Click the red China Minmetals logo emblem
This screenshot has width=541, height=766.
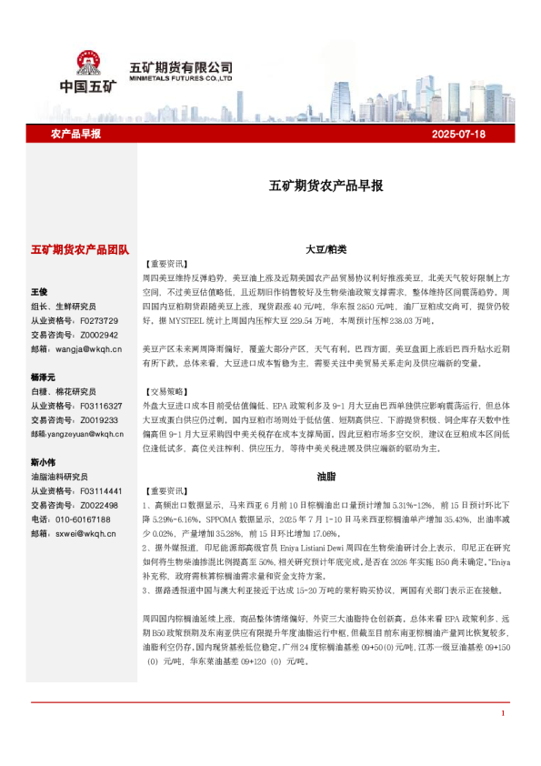89,64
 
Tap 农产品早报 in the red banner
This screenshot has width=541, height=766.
75,134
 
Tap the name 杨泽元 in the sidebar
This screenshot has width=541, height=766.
43,377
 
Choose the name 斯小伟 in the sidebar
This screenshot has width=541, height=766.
43,461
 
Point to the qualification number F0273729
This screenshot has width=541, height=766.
100,321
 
